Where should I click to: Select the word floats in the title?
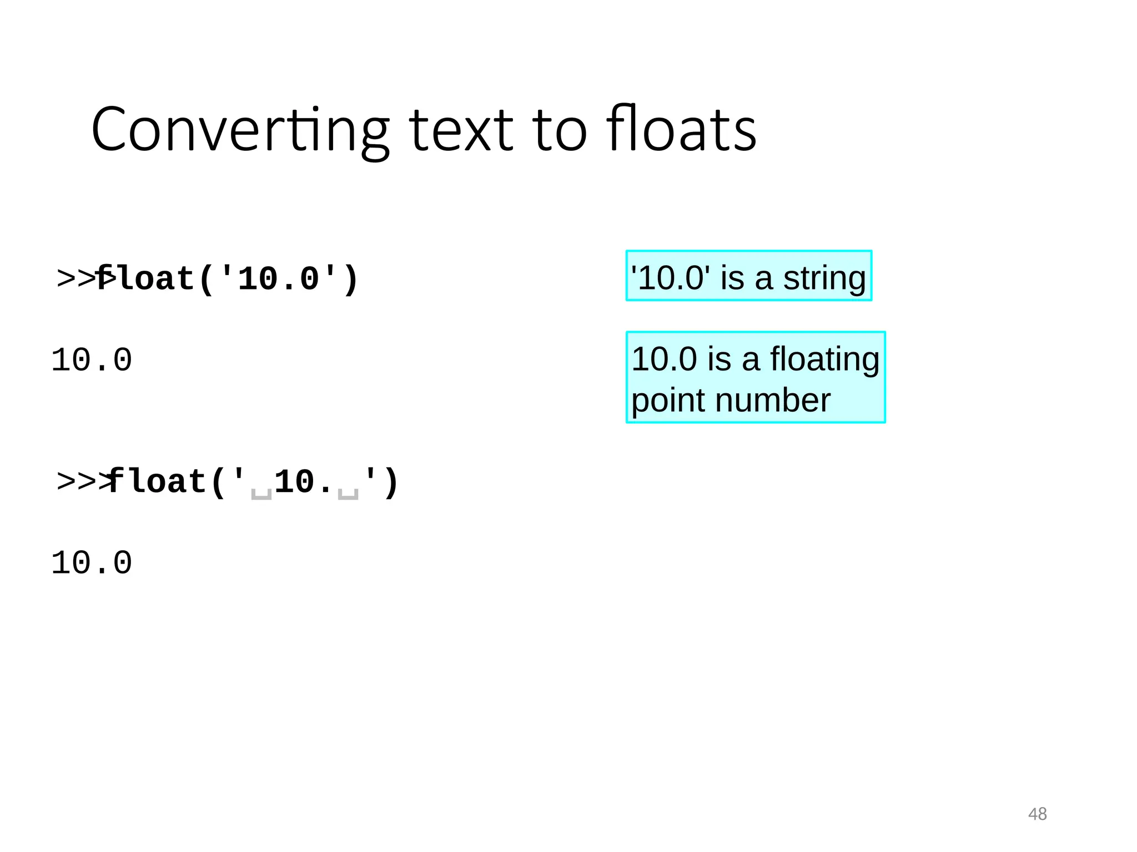[x=681, y=130]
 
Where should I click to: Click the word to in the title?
[x=560, y=130]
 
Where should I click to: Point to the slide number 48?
[x=1037, y=814]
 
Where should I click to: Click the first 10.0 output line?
[x=92, y=360]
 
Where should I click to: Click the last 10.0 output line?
[x=92, y=563]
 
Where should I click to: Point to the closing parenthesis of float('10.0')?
[x=351, y=279]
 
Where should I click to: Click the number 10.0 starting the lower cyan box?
[x=664, y=359]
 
